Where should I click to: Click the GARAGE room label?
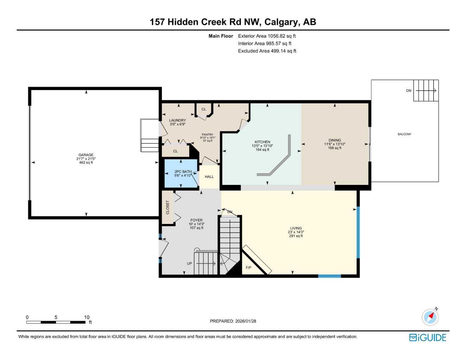pos(86,155)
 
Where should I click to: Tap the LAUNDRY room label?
pos(177,121)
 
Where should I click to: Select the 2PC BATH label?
pos(183,172)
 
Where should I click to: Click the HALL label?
pos(209,177)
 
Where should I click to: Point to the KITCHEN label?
pos(262,142)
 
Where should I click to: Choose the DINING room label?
pos(334,140)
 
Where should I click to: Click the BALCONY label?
pos(404,134)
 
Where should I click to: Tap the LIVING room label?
pos(296,228)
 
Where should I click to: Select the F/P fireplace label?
pos(248,268)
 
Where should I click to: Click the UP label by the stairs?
pos(190,264)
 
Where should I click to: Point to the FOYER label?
pos(196,220)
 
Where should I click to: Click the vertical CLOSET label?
pos(168,207)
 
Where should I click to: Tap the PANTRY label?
pos(208,135)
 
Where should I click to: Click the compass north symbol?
pos(430,317)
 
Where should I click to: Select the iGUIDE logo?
pos(428,338)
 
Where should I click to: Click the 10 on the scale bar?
pos(87,317)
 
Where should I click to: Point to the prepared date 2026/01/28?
pos(246,321)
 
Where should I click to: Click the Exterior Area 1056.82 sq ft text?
pos(267,36)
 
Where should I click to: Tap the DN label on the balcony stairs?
pos(408,91)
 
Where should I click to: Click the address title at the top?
pos(233,22)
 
